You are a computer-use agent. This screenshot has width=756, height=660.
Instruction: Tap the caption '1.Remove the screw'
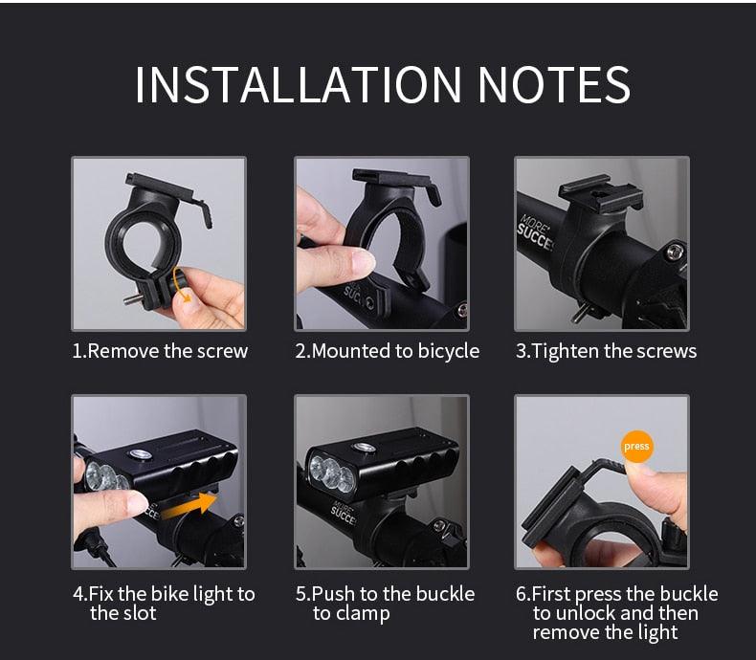point(160,351)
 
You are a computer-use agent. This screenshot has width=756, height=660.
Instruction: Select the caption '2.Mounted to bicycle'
point(387,351)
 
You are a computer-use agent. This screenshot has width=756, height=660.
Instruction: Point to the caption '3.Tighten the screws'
point(607,351)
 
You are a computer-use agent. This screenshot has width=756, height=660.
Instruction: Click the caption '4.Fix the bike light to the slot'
point(164,604)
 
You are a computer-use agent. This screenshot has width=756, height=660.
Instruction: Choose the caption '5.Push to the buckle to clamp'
point(385,604)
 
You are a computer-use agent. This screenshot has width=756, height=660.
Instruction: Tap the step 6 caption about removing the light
point(616,613)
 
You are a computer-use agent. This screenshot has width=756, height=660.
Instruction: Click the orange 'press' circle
point(635,446)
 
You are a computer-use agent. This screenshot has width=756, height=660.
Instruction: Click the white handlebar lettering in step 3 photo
point(536,230)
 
